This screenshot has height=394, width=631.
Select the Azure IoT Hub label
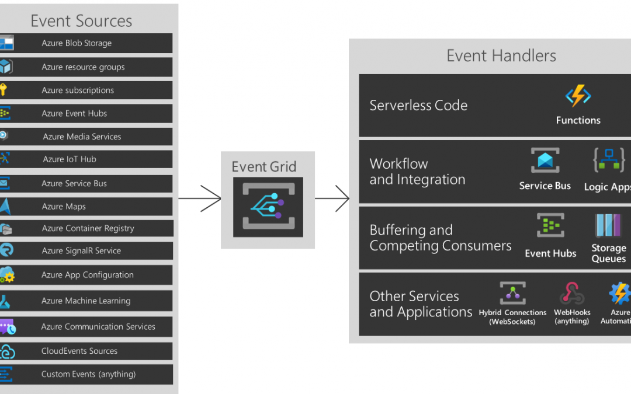click(70, 159)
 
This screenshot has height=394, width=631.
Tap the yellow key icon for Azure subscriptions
click(4, 90)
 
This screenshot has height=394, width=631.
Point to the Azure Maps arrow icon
click(6, 207)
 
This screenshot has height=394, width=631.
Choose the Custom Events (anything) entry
click(88, 374)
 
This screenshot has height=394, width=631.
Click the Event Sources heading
click(81, 21)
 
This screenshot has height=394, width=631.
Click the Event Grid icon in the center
click(268, 207)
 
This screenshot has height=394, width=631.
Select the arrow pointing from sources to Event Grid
click(200, 198)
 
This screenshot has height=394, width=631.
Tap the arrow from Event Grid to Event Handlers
click(333, 198)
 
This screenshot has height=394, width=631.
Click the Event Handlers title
click(501, 56)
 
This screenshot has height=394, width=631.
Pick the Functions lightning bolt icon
click(578, 96)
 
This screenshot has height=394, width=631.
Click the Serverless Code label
click(418, 106)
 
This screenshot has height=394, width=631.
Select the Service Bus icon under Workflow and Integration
click(545, 161)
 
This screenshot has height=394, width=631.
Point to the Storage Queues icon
click(608, 226)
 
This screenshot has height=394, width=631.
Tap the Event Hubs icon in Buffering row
click(550, 226)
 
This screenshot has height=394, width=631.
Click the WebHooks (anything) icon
click(571, 294)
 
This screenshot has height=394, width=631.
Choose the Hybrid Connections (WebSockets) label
click(512, 317)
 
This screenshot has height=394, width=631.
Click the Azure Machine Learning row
click(86, 301)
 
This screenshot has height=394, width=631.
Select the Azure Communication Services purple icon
click(7, 327)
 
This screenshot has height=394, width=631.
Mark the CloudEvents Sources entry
click(79, 351)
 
